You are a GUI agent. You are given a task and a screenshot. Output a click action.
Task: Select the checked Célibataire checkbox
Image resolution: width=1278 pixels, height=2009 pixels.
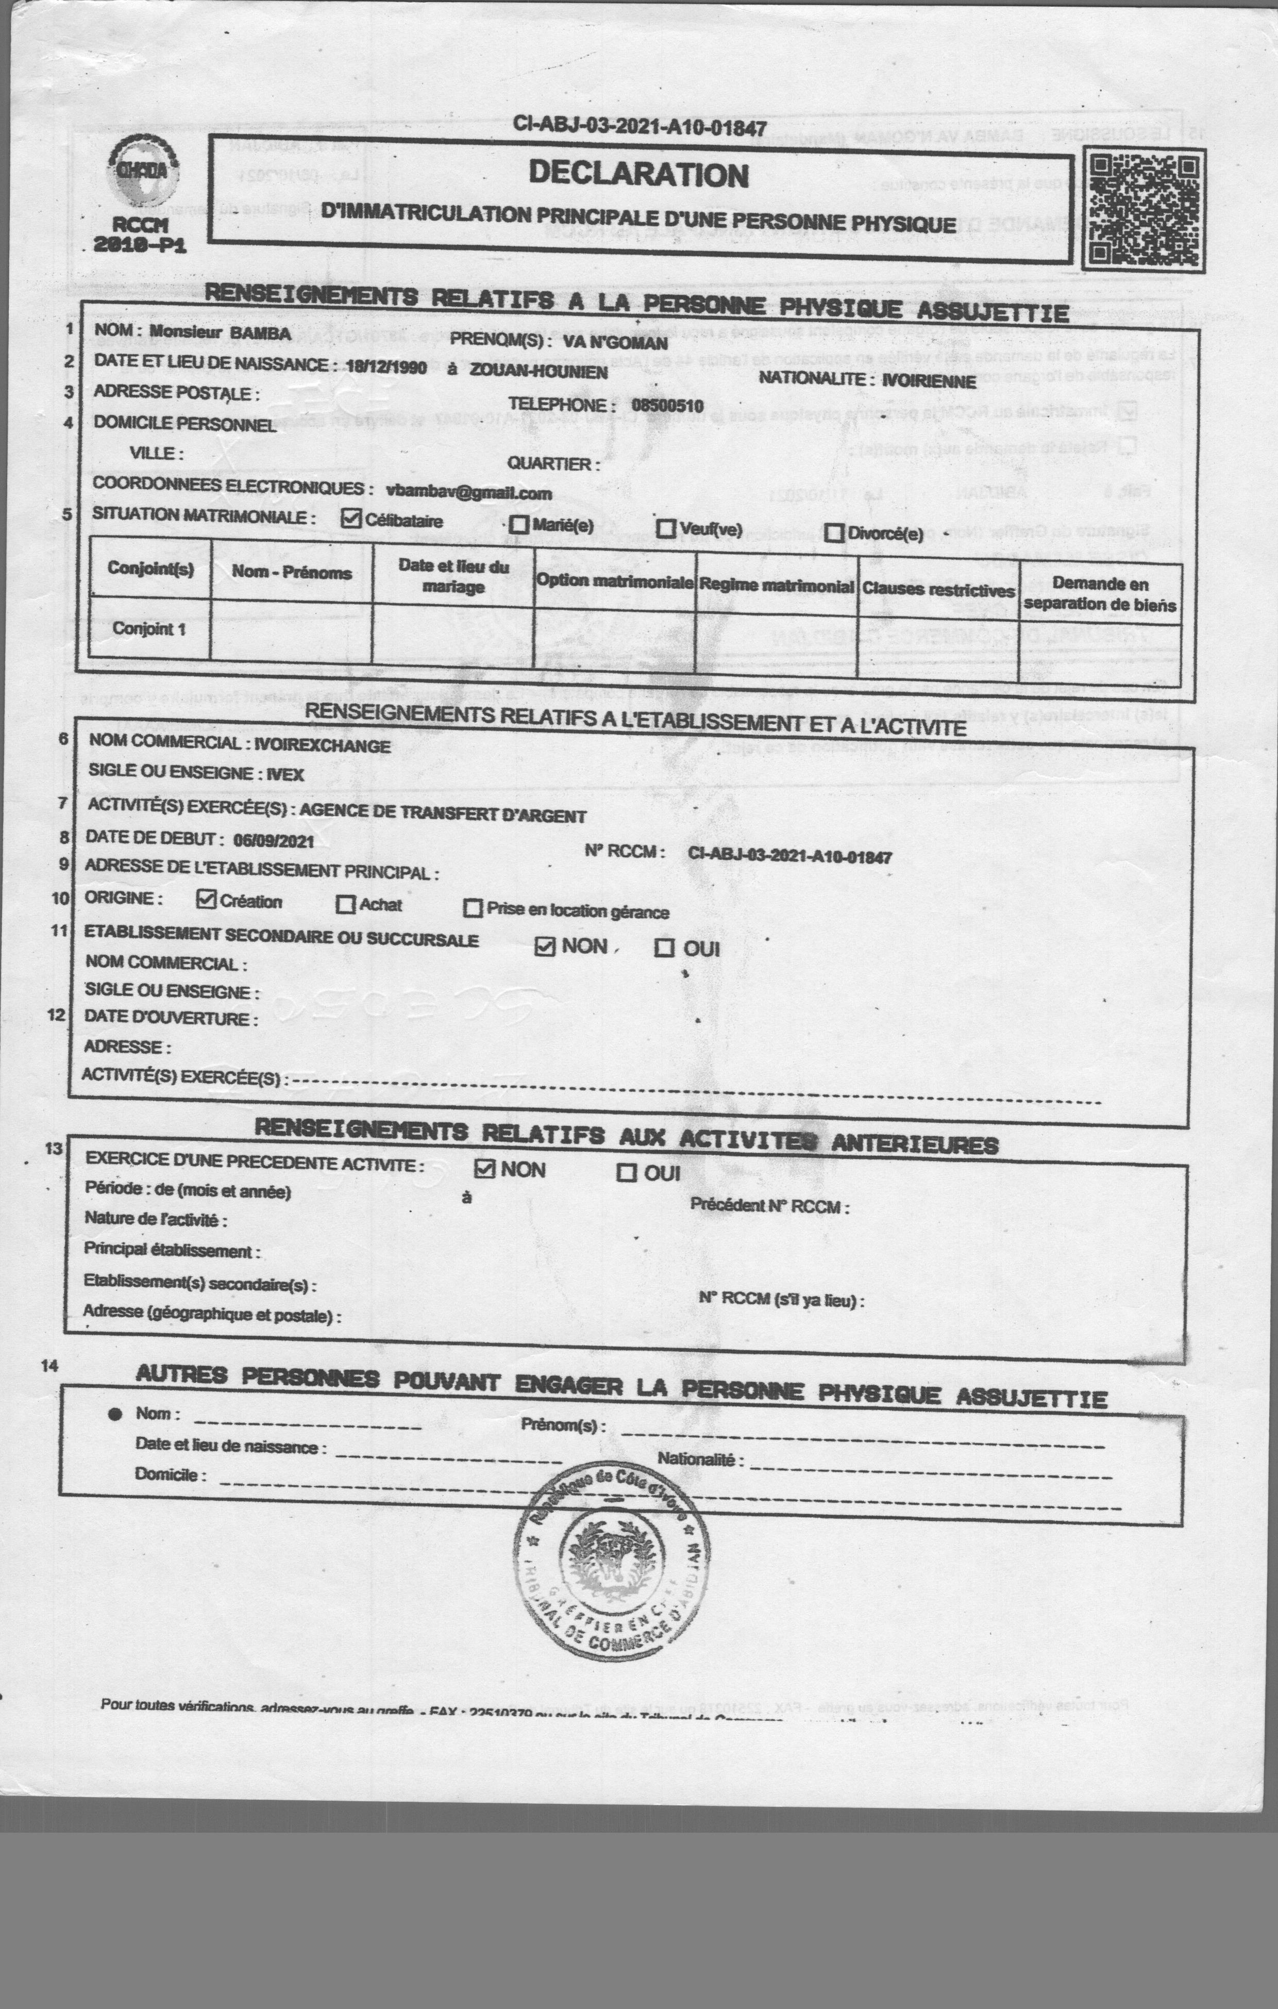352,518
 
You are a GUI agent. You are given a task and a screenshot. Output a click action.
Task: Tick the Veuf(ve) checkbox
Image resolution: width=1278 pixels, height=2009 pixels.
666,528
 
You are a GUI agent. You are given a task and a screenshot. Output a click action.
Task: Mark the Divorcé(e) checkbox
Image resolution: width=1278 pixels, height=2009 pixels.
833,533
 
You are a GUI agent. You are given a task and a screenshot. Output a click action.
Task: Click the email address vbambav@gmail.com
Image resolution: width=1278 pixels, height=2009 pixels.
469,492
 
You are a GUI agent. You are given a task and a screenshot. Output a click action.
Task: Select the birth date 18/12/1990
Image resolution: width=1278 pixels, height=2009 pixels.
386,367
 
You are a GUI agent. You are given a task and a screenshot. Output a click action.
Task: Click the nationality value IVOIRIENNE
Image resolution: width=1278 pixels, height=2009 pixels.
929,381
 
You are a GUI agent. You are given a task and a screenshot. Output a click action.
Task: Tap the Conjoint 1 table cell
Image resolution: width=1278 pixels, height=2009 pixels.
149,628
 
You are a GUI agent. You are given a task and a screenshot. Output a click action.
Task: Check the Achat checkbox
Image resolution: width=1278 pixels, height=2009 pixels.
345,904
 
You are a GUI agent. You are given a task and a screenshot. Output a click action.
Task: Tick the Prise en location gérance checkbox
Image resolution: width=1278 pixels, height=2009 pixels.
473,908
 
